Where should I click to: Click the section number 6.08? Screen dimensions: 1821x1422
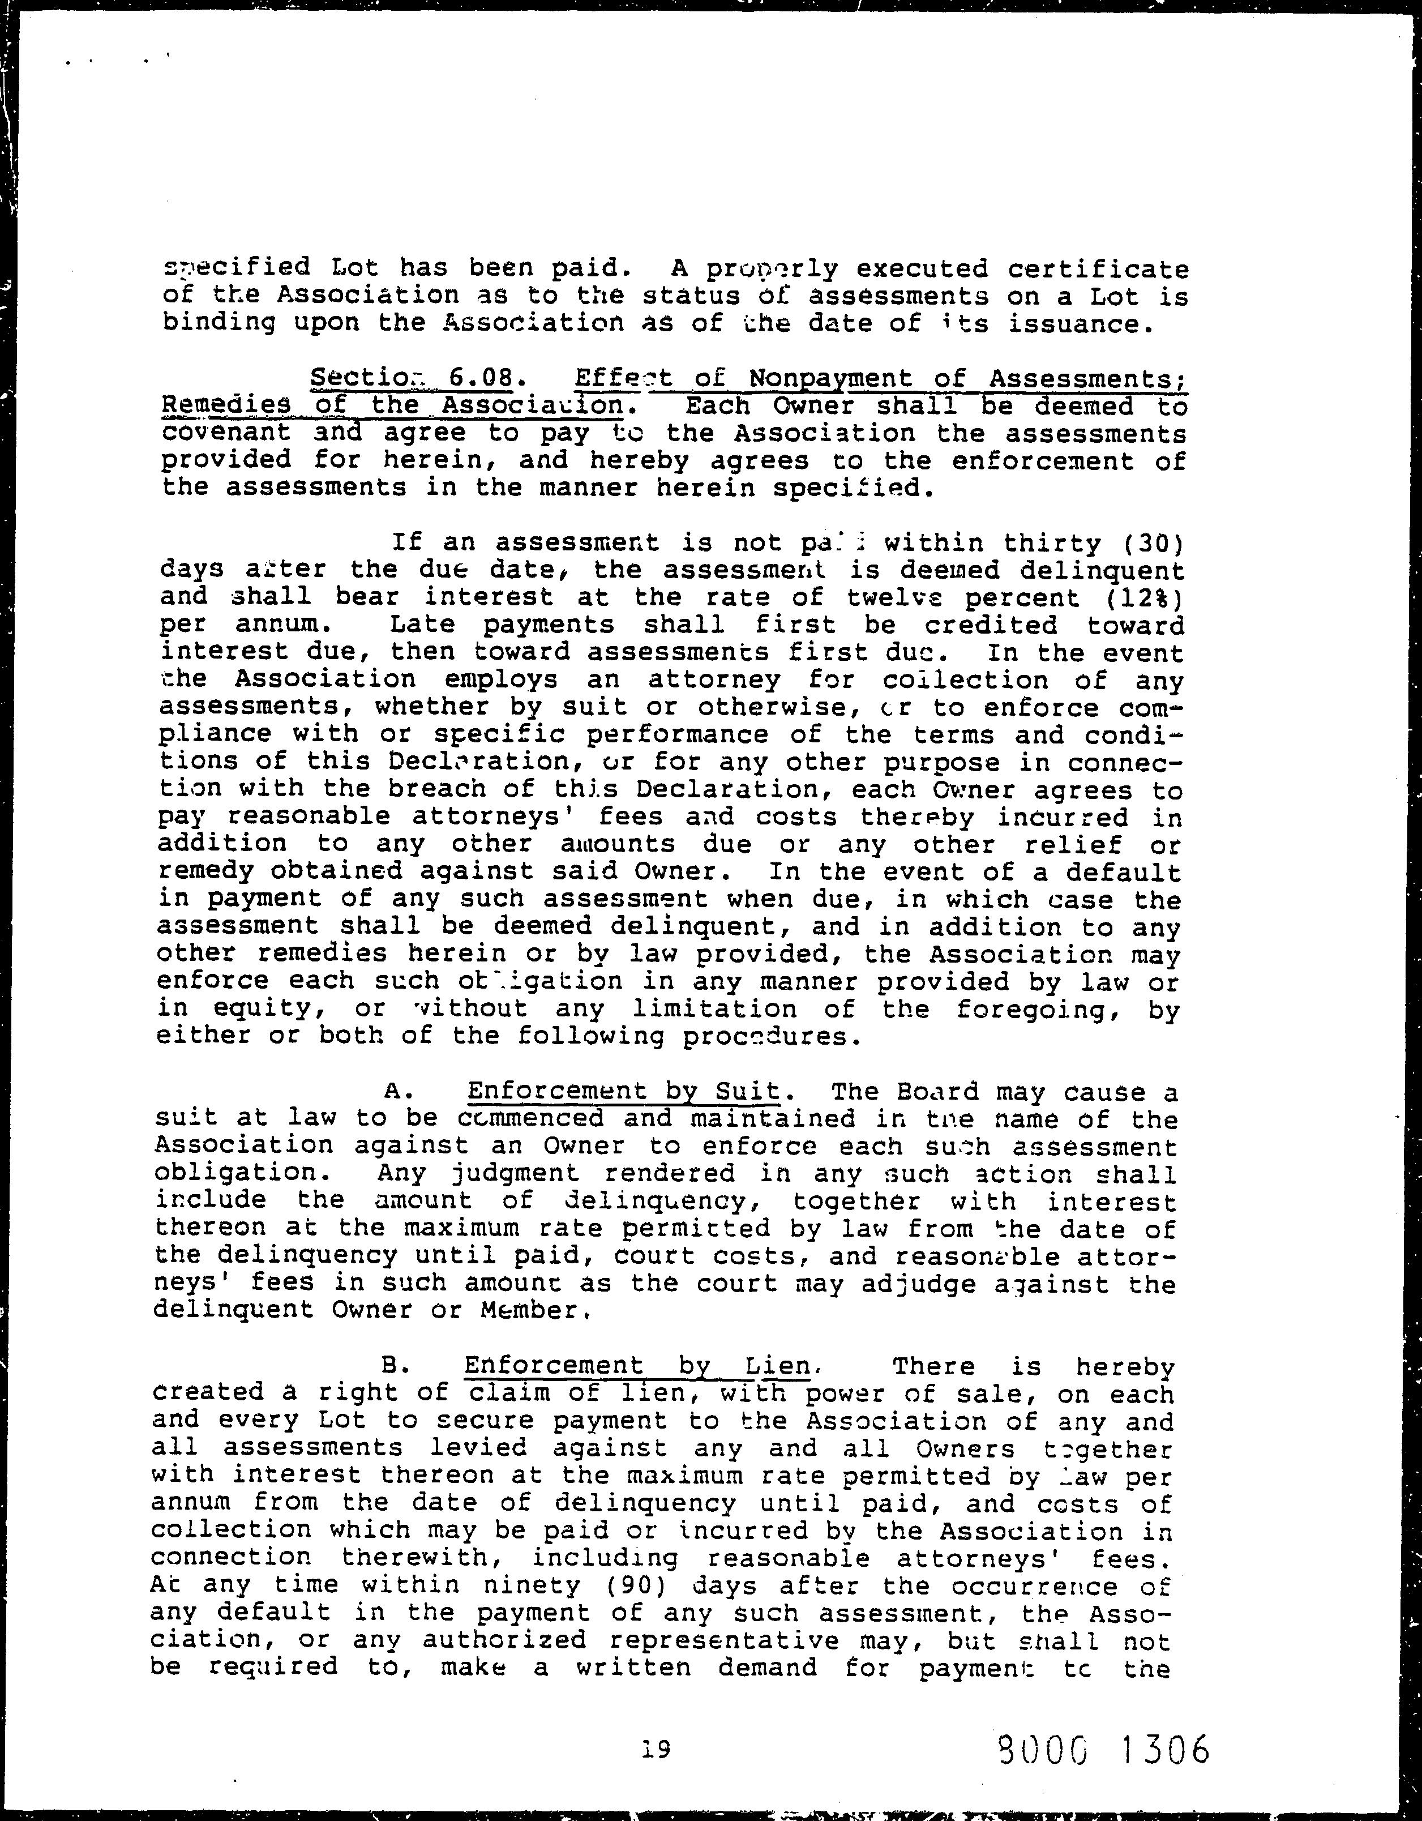(x=479, y=379)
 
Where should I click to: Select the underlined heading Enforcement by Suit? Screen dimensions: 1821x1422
(x=623, y=1092)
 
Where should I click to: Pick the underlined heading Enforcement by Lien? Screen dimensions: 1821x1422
(x=637, y=1366)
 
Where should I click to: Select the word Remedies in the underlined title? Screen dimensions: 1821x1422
(x=227, y=406)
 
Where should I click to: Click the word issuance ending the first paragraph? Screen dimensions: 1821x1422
(x=1074, y=323)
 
